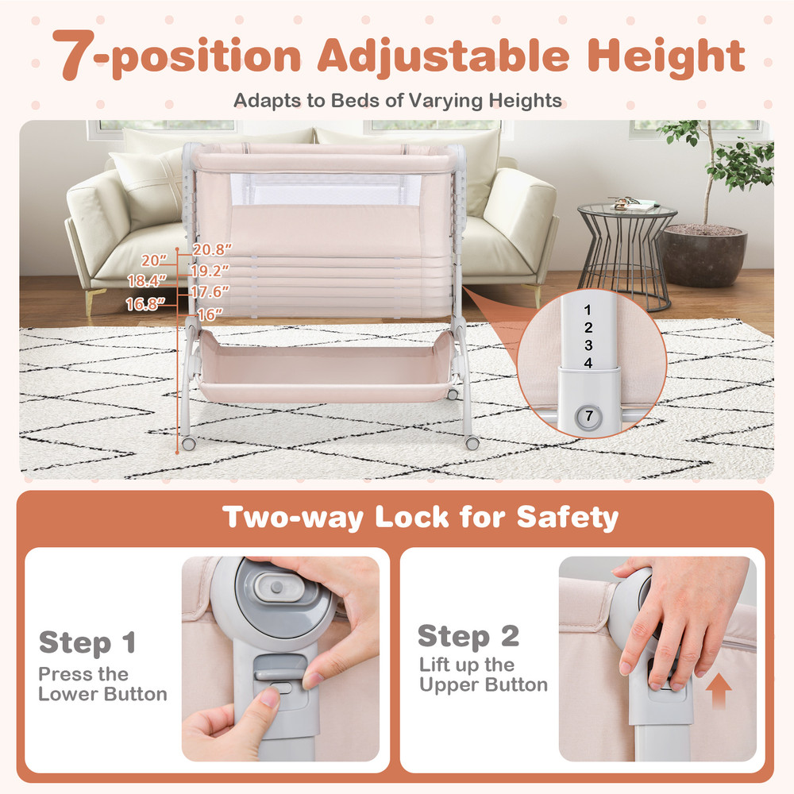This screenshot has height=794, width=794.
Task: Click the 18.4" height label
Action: coord(147,280)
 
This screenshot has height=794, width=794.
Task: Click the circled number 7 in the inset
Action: coord(588,414)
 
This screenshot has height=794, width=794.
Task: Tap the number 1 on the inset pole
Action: coord(588,310)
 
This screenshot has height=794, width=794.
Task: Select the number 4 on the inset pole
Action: coord(588,363)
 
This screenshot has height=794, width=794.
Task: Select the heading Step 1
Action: coord(87,642)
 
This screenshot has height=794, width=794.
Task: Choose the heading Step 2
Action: coord(468,636)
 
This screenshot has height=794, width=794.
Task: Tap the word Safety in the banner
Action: coord(567,518)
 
